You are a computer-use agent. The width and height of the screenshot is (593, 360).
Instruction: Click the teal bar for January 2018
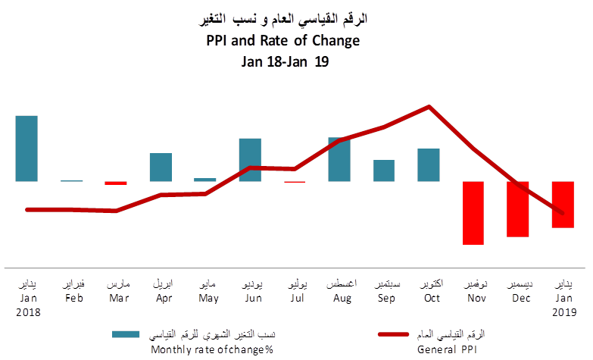click(27, 149)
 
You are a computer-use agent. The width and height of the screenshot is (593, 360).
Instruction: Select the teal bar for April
click(161, 167)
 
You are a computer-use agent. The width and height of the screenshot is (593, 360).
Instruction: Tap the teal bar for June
click(250, 160)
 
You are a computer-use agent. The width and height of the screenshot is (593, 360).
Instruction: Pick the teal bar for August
click(339, 159)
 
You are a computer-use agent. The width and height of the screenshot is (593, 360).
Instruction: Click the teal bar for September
click(384, 171)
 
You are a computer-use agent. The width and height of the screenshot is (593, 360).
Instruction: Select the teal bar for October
click(429, 165)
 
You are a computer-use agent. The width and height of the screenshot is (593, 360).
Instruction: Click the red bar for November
click(473, 213)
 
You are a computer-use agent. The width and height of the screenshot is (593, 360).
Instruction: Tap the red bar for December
click(518, 209)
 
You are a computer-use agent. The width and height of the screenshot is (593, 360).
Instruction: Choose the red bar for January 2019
click(563, 205)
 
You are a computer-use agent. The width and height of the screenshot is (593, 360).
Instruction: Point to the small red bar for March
click(116, 183)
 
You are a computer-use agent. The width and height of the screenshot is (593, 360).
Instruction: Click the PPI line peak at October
click(429, 106)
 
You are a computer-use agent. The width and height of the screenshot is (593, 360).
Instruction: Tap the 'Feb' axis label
click(74, 298)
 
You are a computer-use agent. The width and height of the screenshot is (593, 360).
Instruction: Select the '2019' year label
click(563, 311)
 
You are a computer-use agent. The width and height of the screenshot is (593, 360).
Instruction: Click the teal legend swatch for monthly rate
click(126, 334)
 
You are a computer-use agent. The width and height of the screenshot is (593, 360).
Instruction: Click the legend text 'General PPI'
click(451, 349)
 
